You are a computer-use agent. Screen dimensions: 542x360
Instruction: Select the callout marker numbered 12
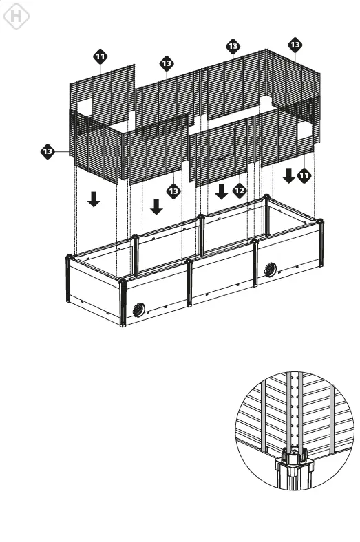pyautogui.click(x=239, y=190)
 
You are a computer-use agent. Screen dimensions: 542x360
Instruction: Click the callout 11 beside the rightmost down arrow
pyautogui.click(x=304, y=175)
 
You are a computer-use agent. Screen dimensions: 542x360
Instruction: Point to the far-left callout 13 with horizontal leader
pyautogui.click(x=47, y=151)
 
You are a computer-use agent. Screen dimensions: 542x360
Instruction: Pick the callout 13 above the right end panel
pyautogui.click(x=295, y=45)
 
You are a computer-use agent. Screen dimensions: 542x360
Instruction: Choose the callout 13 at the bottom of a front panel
pyautogui.click(x=173, y=190)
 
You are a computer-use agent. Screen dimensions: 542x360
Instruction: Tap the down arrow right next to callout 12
pyautogui.click(x=222, y=191)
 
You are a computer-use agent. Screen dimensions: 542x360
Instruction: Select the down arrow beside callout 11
pyautogui.click(x=288, y=175)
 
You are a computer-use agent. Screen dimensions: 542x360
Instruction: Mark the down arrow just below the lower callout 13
pyautogui.click(x=157, y=206)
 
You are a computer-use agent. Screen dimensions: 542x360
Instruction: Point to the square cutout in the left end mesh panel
pyautogui.click(x=85, y=105)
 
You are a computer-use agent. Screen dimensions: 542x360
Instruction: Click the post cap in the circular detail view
pyautogui.click(x=294, y=456)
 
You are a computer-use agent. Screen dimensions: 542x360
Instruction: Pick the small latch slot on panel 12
pyautogui.click(x=220, y=159)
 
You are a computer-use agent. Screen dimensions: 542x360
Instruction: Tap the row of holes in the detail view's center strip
pyautogui.click(x=297, y=413)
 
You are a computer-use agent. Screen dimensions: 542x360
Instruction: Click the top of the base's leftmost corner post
pyautogui.click(x=68, y=259)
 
